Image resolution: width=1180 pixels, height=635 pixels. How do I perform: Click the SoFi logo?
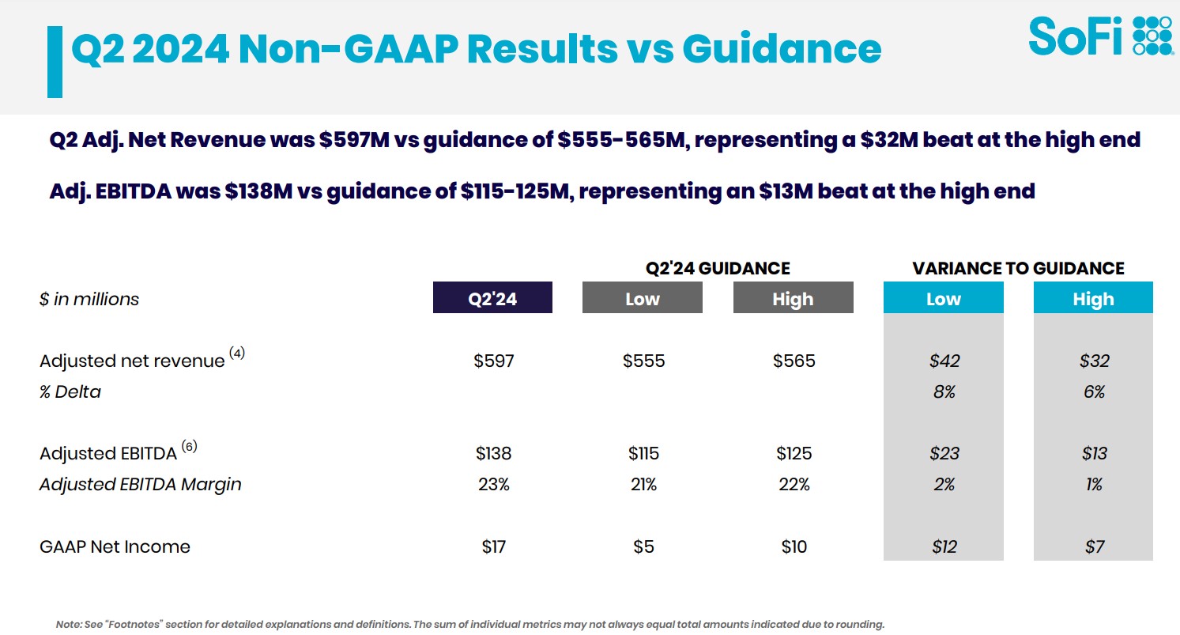(x=1100, y=36)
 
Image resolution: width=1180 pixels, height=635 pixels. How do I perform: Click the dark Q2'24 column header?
(x=492, y=299)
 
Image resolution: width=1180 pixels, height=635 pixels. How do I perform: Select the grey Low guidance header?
(x=642, y=299)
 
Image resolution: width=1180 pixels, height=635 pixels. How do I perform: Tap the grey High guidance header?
(x=793, y=299)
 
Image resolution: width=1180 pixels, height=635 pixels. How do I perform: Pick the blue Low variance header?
(x=943, y=299)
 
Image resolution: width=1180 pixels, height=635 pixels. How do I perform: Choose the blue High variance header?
(x=1093, y=299)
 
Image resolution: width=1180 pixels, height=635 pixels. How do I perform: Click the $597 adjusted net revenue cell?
(x=494, y=361)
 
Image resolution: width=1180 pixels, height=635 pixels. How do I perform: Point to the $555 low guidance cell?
(x=643, y=361)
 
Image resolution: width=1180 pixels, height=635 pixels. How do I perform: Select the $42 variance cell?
(x=944, y=361)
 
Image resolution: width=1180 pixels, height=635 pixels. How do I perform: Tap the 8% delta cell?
(x=944, y=391)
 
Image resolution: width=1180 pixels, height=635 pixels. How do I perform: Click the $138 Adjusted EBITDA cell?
(x=494, y=453)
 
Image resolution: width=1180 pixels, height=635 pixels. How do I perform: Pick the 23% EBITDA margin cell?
(x=494, y=484)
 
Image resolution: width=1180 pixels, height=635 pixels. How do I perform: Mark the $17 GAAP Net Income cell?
(x=494, y=546)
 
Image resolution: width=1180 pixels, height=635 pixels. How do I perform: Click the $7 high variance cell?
(x=1094, y=546)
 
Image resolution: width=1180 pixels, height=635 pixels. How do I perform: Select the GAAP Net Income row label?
(x=115, y=546)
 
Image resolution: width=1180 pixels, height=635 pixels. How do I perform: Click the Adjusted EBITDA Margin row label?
(x=140, y=484)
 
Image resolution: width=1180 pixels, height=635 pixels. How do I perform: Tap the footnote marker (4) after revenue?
(x=237, y=353)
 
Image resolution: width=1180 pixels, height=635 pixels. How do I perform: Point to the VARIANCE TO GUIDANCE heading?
(x=1018, y=268)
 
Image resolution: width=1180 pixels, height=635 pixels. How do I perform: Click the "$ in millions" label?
(x=89, y=299)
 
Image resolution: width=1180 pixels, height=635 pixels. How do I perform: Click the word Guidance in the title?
(x=781, y=49)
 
